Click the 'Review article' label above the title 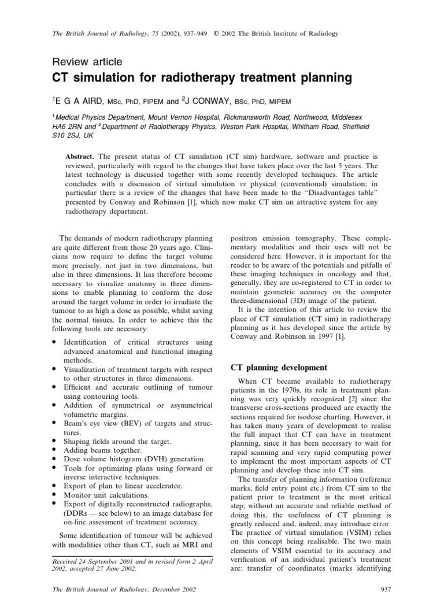point(87,61)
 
